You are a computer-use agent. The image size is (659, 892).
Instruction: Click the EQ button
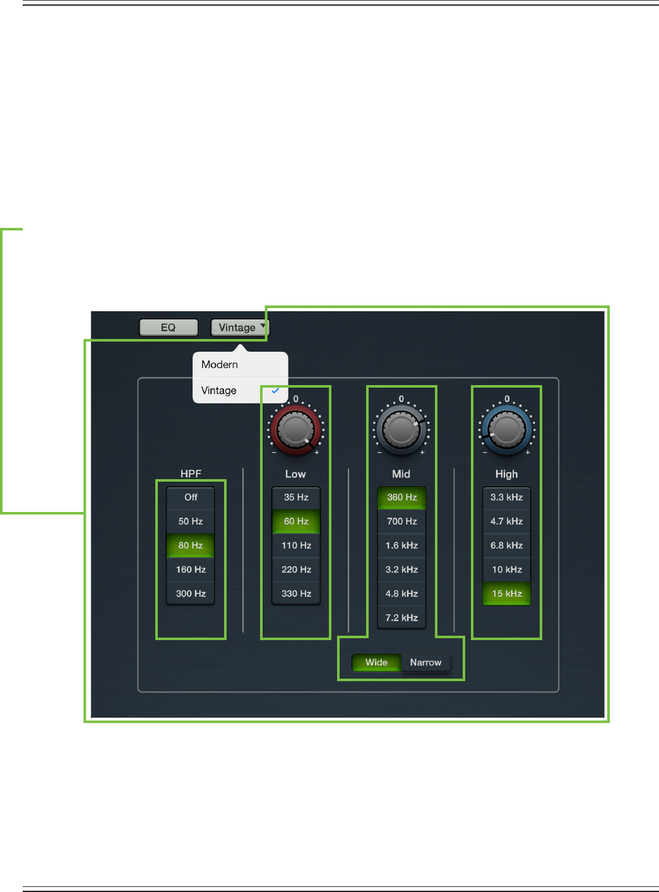pyautogui.click(x=169, y=328)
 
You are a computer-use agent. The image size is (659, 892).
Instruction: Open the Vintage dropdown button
pyautogui.click(x=239, y=328)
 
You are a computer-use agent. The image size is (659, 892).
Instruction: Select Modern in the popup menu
pyautogui.click(x=220, y=365)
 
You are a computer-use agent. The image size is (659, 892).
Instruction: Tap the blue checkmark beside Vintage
pyautogui.click(x=275, y=391)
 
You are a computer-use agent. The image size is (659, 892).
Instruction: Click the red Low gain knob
pyautogui.click(x=295, y=430)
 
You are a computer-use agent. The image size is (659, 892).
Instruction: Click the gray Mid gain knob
pyautogui.click(x=401, y=430)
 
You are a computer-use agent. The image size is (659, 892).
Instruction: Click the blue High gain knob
pyautogui.click(x=506, y=430)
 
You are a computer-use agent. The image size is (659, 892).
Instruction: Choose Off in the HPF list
pyautogui.click(x=191, y=497)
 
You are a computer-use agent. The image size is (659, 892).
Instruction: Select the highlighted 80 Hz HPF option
pyautogui.click(x=191, y=545)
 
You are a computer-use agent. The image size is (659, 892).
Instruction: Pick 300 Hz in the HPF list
pyautogui.click(x=191, y=593)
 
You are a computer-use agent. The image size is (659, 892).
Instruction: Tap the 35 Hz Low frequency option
pyautogui.click(x=296, y=497)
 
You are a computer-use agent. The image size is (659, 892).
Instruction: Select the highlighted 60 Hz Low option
pyautogui.click(x=296, y=521)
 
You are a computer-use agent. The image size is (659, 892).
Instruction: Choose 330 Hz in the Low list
pyautogui.click(x=296, y=593)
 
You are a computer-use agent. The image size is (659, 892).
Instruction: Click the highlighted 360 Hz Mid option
pyautogui.click(x=401, y=497)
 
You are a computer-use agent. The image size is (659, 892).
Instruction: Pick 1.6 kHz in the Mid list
pyautogui.click(x=401, y=545)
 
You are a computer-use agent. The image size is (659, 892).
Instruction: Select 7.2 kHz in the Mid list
pyautogui.click(x=401, y=617)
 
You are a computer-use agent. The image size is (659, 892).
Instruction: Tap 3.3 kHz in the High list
pyautogui.click(x=506, y=497)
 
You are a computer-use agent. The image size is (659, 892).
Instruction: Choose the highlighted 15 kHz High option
pyautogui.click(x=506, y=593)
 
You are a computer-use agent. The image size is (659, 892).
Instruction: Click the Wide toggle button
pyautogui.click(x=376, y=662)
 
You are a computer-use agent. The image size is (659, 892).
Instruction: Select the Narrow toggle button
pyautogui.click(x=425, y=662)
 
